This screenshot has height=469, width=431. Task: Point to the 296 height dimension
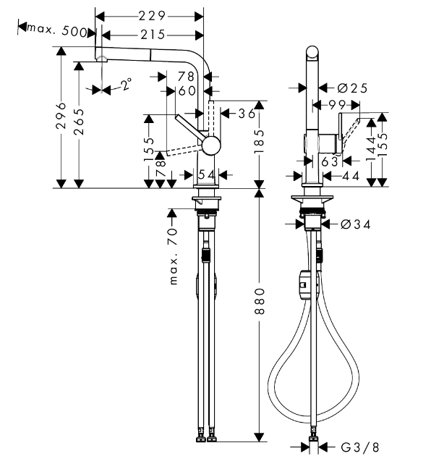coord(61,115)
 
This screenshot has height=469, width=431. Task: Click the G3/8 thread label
coord(359,447)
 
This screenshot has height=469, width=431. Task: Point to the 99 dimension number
coord(337,105)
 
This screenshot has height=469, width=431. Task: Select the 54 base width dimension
coord(207,174)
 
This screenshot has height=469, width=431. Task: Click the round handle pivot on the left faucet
coord(210,145)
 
